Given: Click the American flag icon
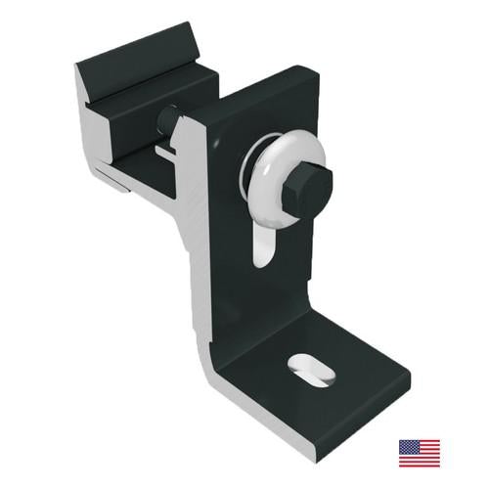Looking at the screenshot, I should [419, 453].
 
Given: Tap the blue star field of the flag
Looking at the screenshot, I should [407, 447].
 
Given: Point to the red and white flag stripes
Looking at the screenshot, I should [425, 458].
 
